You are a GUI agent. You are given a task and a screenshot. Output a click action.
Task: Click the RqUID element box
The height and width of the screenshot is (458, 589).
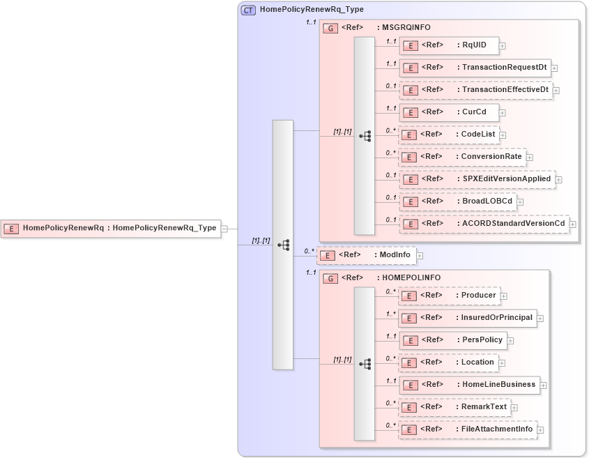(x=448, y=45)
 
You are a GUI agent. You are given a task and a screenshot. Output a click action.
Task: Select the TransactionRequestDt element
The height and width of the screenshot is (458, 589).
(x=475, y=68)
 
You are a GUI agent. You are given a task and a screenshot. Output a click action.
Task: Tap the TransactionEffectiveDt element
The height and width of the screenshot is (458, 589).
(x=475, y=90)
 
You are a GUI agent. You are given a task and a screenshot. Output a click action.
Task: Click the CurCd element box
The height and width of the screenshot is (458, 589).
(x=448, y=112)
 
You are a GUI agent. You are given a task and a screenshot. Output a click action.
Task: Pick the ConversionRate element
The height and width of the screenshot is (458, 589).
(x=461, y=157)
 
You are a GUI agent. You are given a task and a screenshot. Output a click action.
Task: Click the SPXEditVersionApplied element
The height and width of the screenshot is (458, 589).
(x=477, y=179)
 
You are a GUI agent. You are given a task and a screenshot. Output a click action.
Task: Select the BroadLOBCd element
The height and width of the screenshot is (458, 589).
(x=457, y=201)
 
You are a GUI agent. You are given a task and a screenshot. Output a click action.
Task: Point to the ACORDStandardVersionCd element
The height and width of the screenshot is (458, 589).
(x=484, y=224)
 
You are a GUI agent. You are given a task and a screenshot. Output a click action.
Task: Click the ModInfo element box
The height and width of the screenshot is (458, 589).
(x=367, y=255)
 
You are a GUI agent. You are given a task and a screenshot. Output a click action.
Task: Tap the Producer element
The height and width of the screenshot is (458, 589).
(x=449, y=296)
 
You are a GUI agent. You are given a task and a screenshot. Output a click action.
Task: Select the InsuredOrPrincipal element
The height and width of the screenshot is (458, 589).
(x=467, y=318)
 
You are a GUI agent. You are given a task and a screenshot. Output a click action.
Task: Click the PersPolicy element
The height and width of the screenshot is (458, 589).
(x=452, y=340)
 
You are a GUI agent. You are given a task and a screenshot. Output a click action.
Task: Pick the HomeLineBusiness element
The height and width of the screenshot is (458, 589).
(x=468, y=385)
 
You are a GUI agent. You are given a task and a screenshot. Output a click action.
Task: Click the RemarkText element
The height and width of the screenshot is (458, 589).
(x=454, y=407)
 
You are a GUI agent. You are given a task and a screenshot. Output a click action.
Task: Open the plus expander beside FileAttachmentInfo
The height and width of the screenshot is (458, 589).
(x=540, y=430)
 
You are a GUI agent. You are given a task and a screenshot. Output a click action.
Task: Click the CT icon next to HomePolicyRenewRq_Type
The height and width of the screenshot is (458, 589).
(x=248, y=10)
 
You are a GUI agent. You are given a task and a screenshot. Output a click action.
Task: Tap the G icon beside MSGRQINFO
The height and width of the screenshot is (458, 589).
(x=332, y=28)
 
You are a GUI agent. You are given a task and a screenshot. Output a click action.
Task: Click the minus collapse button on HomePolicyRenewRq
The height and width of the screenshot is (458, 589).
(x=224, y=228)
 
